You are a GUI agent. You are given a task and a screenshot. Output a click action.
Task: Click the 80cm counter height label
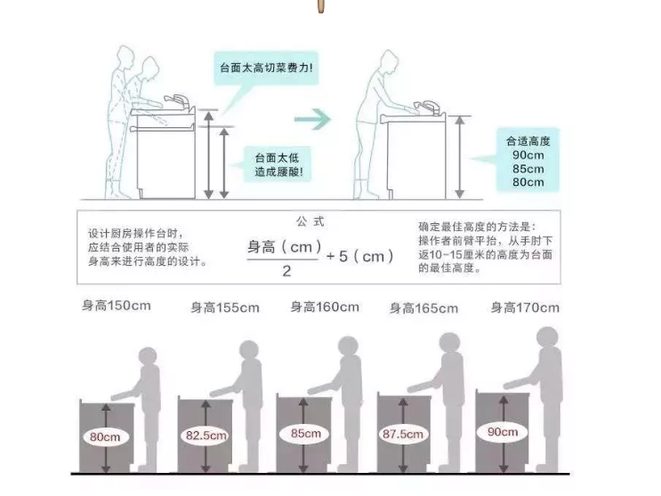pyautogui.click(x=105, y=437)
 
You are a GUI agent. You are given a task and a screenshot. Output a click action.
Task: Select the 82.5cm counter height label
pyautogui.click(x=206, y=435)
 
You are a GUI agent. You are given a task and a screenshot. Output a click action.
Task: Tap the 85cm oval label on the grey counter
pyautogui.click(x=306, y=433)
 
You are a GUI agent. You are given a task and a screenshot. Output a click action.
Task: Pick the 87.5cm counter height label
pyautogui.click(x=403, y=434)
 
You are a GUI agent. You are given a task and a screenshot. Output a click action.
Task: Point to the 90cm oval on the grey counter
pyautogui.click(x=503, y=432)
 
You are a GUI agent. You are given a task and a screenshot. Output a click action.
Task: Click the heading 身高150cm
pyautogui.click(x=117, y=306)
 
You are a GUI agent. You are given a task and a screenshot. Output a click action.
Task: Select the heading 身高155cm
pyautogui.click(x=225, y=308)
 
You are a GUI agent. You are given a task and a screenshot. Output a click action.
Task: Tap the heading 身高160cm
pyautogui.click(x=325, y=307)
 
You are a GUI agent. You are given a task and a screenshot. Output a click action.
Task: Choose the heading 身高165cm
pyautogui.click(x=423, y=308)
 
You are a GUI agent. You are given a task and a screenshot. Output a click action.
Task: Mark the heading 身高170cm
pyautogui.click(x=525, y=308)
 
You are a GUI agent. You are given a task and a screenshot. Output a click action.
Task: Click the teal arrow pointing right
pyautogui.click(x=312, y=120)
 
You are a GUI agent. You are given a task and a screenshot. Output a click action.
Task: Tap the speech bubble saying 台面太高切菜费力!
pyautogui.click(x=266, y=68)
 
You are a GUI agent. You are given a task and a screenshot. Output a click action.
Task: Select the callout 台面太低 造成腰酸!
pyautogui.click(x=278, y=164)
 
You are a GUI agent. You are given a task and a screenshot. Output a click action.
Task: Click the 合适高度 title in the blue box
pyautogui.click(x=528, y=141)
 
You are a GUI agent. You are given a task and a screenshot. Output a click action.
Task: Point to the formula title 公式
pyautogui.click(x=310, y=221)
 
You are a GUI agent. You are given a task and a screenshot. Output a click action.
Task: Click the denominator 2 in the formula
pyautogui.click(x=286, y=271)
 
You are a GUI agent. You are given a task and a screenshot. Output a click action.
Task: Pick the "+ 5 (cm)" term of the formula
pyautogui.click(x=360, y=256)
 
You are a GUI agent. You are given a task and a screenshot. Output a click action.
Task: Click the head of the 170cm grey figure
pyautogui.click(x=547, y=338)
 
